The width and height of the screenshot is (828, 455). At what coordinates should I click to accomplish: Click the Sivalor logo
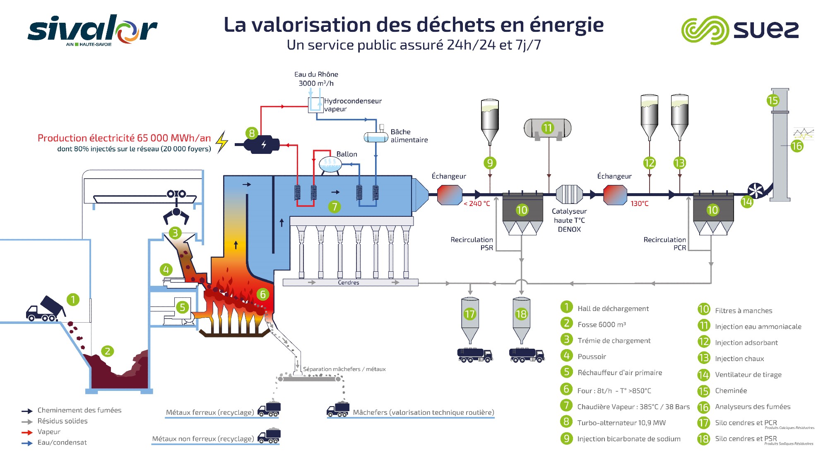pos(92,29)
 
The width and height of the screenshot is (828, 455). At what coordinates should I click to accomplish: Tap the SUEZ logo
pos(740,30)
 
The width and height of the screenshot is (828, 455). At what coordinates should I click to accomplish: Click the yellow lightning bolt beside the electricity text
pos(222,142)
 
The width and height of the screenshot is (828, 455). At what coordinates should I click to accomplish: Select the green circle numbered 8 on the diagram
pos(252,133)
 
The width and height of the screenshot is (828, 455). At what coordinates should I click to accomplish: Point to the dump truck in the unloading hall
pos(45,309)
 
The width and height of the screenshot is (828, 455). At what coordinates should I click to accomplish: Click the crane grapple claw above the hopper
pos(176,215)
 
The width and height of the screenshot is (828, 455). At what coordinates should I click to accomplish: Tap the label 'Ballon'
pos(347,154)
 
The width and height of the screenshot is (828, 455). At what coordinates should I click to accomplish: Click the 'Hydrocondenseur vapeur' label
pos(352,105)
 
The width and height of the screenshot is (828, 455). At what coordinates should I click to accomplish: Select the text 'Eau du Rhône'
pos(316,74)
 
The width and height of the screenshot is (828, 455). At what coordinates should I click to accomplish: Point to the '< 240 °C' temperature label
pos(477,204)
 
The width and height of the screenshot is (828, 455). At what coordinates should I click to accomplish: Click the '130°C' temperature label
pos(639,204)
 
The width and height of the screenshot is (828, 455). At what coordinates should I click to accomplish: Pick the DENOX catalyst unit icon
pos(569,194)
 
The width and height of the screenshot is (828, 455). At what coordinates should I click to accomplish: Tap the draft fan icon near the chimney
pos(756,191)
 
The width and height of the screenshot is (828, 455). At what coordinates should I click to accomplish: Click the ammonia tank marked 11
pos(547,128)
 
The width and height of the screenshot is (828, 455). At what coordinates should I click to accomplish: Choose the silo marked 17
pos(470,318)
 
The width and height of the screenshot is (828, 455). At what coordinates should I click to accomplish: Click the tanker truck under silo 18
pos(526,355)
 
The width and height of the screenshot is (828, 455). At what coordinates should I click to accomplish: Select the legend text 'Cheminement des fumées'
pos(79,410)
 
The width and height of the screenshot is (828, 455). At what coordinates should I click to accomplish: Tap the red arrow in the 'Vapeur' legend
pos(27,433)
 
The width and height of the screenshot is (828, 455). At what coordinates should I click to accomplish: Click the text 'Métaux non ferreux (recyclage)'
pos(203,439)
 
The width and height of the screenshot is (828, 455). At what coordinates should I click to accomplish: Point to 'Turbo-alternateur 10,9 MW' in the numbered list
pos(621,423)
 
